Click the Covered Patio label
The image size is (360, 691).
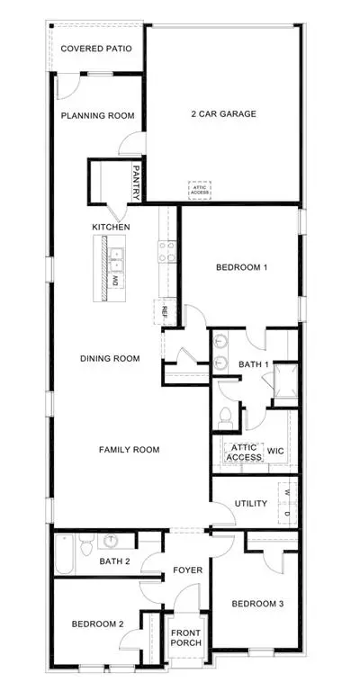(x=96, y=49)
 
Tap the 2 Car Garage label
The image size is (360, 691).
(x=223, y=113)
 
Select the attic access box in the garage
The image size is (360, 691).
(x=200, y=190)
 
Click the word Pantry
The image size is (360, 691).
(x=136, y=183)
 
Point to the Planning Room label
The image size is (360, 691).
(x=97, y=116)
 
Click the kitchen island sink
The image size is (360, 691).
(x=116, y=260)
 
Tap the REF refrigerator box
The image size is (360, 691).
(x=165, y=312)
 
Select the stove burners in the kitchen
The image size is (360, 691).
(x=167, y=251)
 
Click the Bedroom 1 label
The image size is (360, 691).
(x=242, y=267)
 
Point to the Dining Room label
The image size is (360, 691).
(x=110, y=359)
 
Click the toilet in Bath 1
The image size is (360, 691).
(x=226, y=417)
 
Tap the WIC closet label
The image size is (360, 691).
(x=275, y=452)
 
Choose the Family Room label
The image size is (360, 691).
(x=129, y=450)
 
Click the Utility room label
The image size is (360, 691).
(x=251, y=503)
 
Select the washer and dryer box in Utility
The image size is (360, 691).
(x=287, y=503)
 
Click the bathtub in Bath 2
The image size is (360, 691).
(x=64, y=554)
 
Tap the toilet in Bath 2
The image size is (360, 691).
(x=85, y=544)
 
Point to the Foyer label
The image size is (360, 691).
(x=188, y=570)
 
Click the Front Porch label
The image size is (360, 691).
(x=186, y=638)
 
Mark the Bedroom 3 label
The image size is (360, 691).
(x=257, y=604)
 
